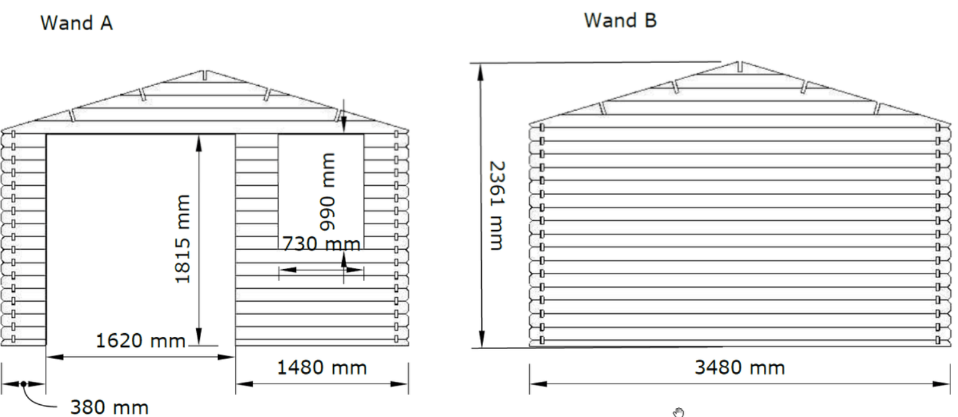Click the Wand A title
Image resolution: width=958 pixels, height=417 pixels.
pyautogui.click(x=77, y=23)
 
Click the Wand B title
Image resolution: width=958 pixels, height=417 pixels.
pyautogui.click(x=620, y=20)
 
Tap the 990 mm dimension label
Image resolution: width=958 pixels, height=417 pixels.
pyautogui.click(x=328, y=192)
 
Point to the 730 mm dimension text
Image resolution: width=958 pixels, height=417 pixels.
pyautogui.click(x=322, y=244)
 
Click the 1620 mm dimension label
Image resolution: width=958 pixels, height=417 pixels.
pyautogui.click(x=141, y=341)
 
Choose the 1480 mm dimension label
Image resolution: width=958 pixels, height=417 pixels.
pyautogui.click(x=322, y=368)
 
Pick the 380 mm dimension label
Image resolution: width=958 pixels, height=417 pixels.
pyautogui.click(x=110, y=407)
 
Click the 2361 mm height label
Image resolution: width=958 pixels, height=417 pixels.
pyautogui.click(x=497, y=205)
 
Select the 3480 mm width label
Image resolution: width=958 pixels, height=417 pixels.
pyautogui.click(x=740, y=368)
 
